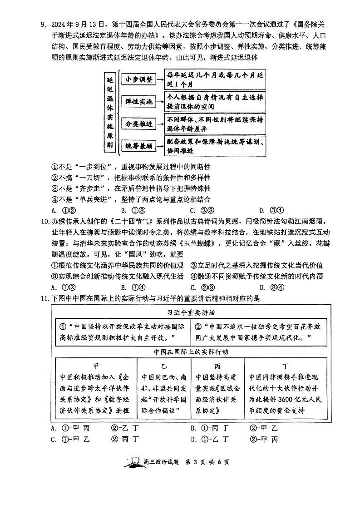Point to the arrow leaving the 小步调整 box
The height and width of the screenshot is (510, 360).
click(x=159, y=79)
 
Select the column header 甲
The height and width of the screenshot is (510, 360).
click(x=96, y=366)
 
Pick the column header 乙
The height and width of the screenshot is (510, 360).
click(x=163, y=366)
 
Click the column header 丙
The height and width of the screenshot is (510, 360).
click(x=217, y=366)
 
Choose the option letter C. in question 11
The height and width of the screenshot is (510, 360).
click(x=54, y=439)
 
